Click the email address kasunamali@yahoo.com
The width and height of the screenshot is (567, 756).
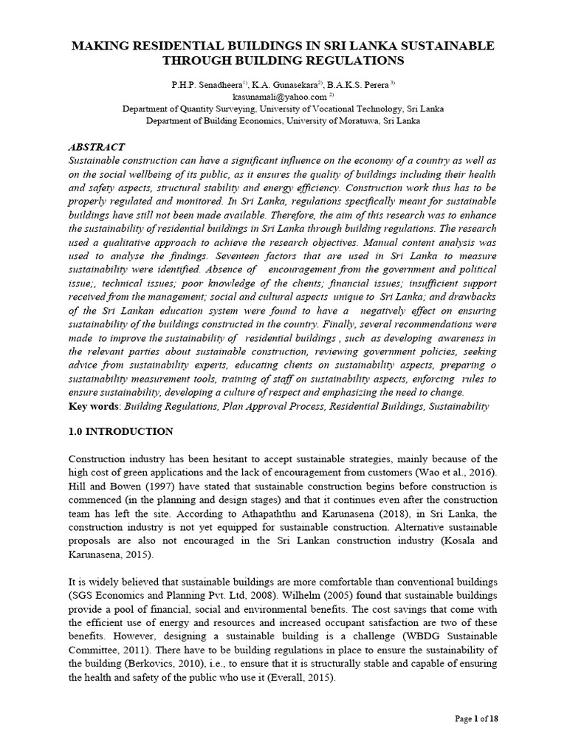[280, 96]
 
